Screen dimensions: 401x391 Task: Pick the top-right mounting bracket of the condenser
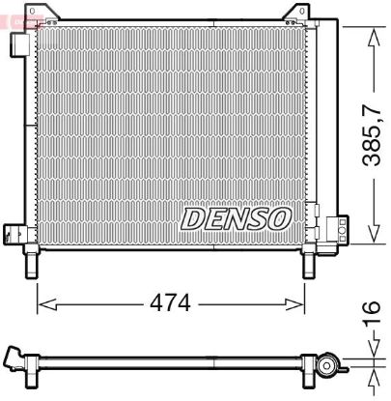coord(296,14)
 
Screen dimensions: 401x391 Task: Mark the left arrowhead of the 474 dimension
coord(42,302)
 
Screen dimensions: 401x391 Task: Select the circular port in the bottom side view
coord(331,367)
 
